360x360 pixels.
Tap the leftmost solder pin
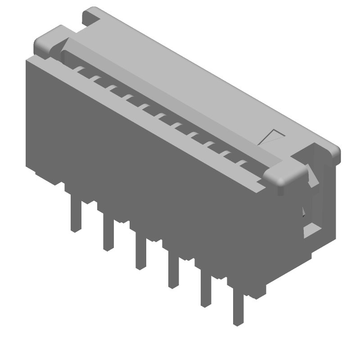(x=76, y=216)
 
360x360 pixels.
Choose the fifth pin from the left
(x=206, y=290)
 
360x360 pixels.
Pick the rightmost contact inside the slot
(x=243, y=163)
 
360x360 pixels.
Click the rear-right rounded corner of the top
(x=333, y=151)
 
